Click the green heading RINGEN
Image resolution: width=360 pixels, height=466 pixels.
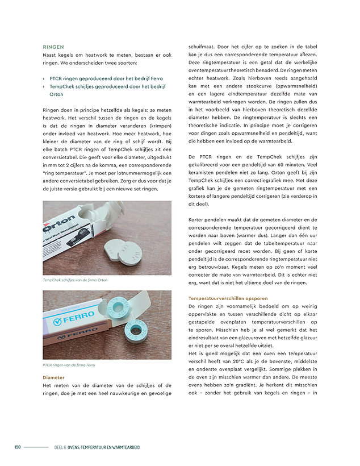[53, 47]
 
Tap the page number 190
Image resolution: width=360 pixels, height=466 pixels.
[18, 447]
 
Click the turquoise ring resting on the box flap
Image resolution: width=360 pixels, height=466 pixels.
[117, 307]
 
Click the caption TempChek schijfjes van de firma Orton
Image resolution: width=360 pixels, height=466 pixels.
[75, 280]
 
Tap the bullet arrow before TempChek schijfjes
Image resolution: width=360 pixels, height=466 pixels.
[44, 86]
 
